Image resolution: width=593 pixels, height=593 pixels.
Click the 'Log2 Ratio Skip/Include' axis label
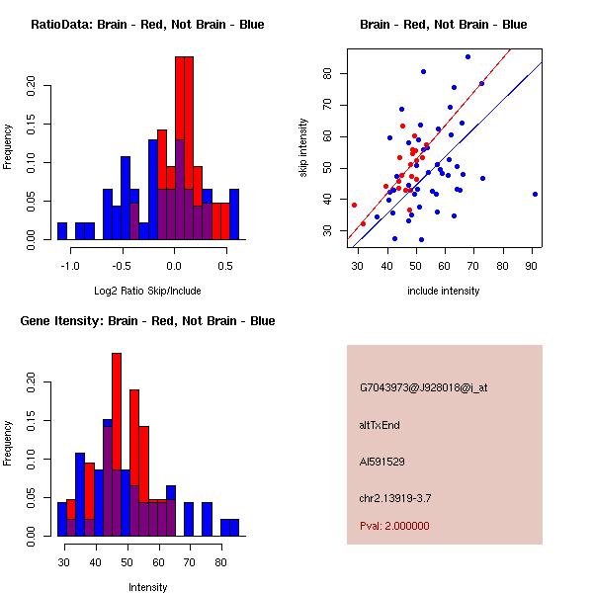point(147,291)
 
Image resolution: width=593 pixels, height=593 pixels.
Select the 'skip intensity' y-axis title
point(303,148)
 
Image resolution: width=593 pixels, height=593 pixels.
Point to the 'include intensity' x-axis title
point(444,291)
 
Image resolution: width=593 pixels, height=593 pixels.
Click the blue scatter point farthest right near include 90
point(535,194)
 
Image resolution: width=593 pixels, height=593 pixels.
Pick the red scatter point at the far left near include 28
point(354,205)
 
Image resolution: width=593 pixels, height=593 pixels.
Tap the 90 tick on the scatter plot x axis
point(533,266)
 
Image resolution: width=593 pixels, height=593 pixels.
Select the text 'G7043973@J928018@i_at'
point(424,387)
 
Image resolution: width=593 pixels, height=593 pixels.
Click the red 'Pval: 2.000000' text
point(394,527)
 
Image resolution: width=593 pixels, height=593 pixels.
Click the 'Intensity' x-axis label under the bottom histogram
point(147,587)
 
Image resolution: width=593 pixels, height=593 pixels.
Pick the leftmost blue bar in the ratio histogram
point(62,230)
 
